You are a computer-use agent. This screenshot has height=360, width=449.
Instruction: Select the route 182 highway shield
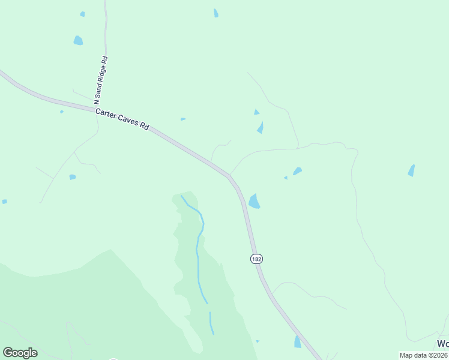tap(257, 259)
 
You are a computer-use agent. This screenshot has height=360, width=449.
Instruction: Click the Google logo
tap(20, 353)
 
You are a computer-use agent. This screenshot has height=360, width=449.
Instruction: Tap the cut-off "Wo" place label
tap(442, 344)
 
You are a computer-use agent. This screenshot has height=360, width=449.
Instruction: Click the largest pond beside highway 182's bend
tap(254, 201)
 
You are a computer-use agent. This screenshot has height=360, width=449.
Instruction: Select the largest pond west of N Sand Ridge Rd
tap(78, 41)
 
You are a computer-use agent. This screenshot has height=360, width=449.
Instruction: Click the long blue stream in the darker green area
tap(199, 246)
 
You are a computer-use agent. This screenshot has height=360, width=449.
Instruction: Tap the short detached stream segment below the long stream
tap(211, 323)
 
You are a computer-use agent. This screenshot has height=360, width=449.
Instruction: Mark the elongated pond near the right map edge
tap(411, 170)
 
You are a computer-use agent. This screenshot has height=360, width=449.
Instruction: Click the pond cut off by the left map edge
tap(4, 202)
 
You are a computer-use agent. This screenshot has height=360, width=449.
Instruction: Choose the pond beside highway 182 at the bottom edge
tap(297, 342)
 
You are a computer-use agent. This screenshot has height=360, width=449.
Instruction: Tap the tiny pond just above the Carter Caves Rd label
tap(182, 119)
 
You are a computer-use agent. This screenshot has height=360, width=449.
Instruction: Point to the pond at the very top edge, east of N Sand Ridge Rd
tap(216, 13)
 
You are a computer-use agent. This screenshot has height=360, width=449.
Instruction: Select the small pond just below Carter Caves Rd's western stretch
tap(72, 177)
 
